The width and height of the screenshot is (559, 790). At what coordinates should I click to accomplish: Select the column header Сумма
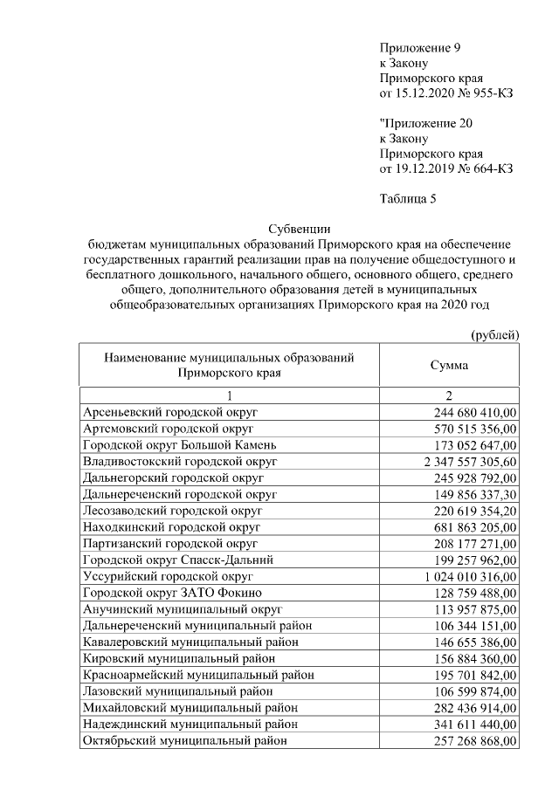pos(449,365)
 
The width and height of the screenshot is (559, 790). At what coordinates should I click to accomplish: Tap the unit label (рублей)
pos(494,334)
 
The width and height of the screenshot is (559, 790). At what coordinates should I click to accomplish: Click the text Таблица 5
pos(408,198)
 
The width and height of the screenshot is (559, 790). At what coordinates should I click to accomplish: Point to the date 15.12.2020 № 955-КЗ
pos(445,93)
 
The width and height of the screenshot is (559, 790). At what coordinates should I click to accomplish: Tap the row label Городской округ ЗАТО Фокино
pos(168,594)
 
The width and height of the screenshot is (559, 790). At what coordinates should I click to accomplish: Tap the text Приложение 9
pos(419,47)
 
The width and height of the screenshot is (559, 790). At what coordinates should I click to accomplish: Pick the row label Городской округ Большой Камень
pos(177,444)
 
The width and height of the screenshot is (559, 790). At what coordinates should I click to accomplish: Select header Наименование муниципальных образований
pos(229,358)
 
